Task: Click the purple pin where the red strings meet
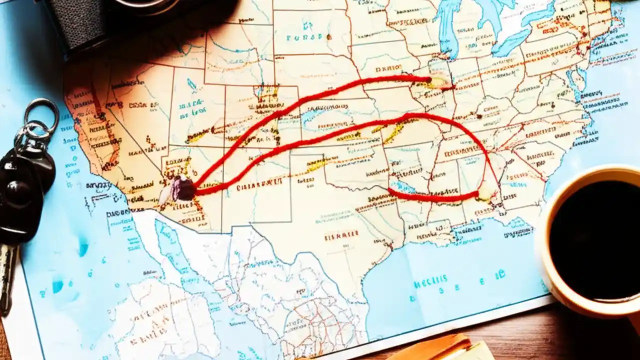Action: [183, 189]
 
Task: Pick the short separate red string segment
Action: [432, 196]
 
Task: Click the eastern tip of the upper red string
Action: [429, 79]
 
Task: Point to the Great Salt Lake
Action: [191, 85]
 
